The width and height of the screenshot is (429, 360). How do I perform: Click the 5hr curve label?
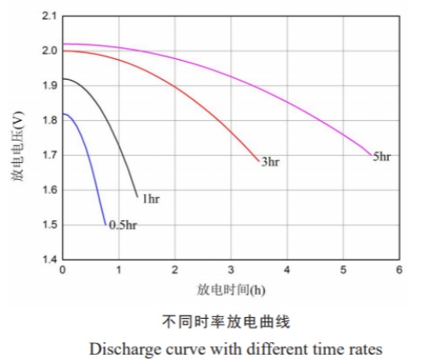click(x=382, y=156)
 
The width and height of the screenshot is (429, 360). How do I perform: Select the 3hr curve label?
click(x=270, y=161)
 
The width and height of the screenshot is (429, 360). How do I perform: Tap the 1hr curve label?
click(x=150, y=199)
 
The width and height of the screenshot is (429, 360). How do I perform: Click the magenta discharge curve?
click(x=257, y=73)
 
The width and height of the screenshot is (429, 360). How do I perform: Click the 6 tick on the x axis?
click(x=399, y=269)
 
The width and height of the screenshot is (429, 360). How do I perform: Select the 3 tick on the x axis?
click(x=231, y=269)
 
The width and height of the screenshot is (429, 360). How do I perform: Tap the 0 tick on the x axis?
click(x=63, y=269)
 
